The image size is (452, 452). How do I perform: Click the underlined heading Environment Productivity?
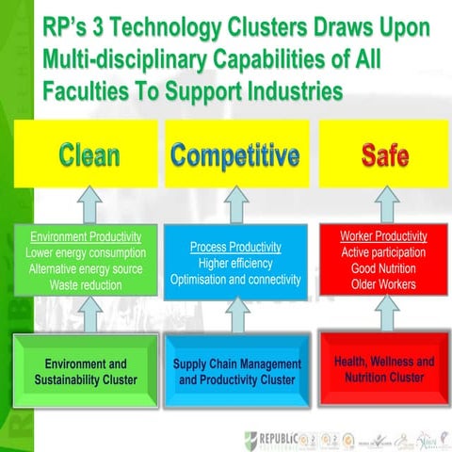86,236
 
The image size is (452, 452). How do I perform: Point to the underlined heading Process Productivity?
235,247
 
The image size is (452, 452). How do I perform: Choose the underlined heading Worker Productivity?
383,236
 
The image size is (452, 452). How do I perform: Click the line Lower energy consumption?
86,252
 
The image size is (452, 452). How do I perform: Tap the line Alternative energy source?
86,268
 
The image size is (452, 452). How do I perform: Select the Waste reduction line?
86,284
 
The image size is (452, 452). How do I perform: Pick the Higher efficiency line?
235,264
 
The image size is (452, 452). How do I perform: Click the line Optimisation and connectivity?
235,280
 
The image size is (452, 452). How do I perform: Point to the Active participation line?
383,252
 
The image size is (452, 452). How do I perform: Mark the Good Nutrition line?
383,268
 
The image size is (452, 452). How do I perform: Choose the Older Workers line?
383,284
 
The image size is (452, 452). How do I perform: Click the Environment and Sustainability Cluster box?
86,371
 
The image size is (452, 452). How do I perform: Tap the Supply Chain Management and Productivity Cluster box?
237,371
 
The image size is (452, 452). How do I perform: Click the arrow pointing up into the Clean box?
87,204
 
